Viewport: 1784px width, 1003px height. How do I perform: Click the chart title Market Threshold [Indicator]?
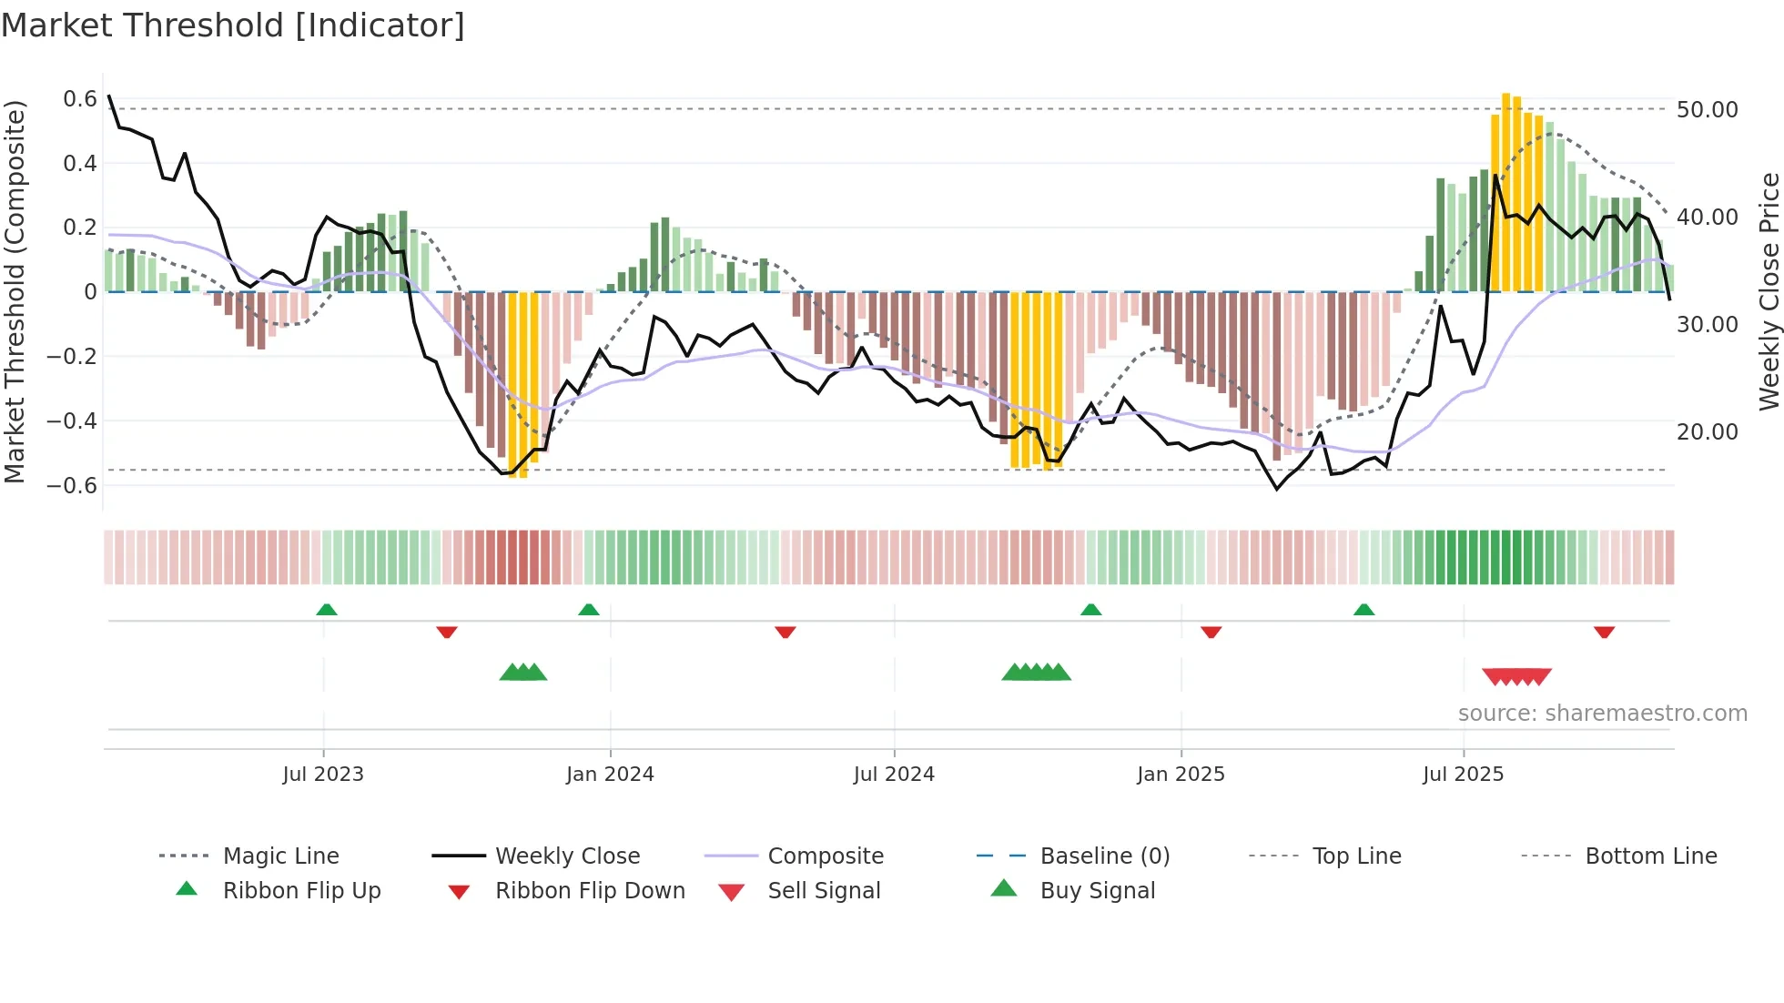233,25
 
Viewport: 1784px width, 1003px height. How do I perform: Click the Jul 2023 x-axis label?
323,775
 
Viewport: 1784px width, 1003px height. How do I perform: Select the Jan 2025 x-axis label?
1181,775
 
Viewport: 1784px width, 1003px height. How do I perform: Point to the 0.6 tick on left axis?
80,98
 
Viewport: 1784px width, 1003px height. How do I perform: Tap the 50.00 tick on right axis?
1707,110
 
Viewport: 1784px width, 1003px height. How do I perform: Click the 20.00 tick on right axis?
1707,432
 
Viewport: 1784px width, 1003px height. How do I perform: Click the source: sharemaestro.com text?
1602,714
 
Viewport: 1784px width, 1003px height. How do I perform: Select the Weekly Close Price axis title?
1769,291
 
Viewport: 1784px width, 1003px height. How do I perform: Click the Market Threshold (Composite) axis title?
15,291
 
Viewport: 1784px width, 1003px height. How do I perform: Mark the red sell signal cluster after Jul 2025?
1516,676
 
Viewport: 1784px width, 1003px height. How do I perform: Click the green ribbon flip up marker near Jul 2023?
327,610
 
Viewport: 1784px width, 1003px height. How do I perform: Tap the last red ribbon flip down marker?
1604,632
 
